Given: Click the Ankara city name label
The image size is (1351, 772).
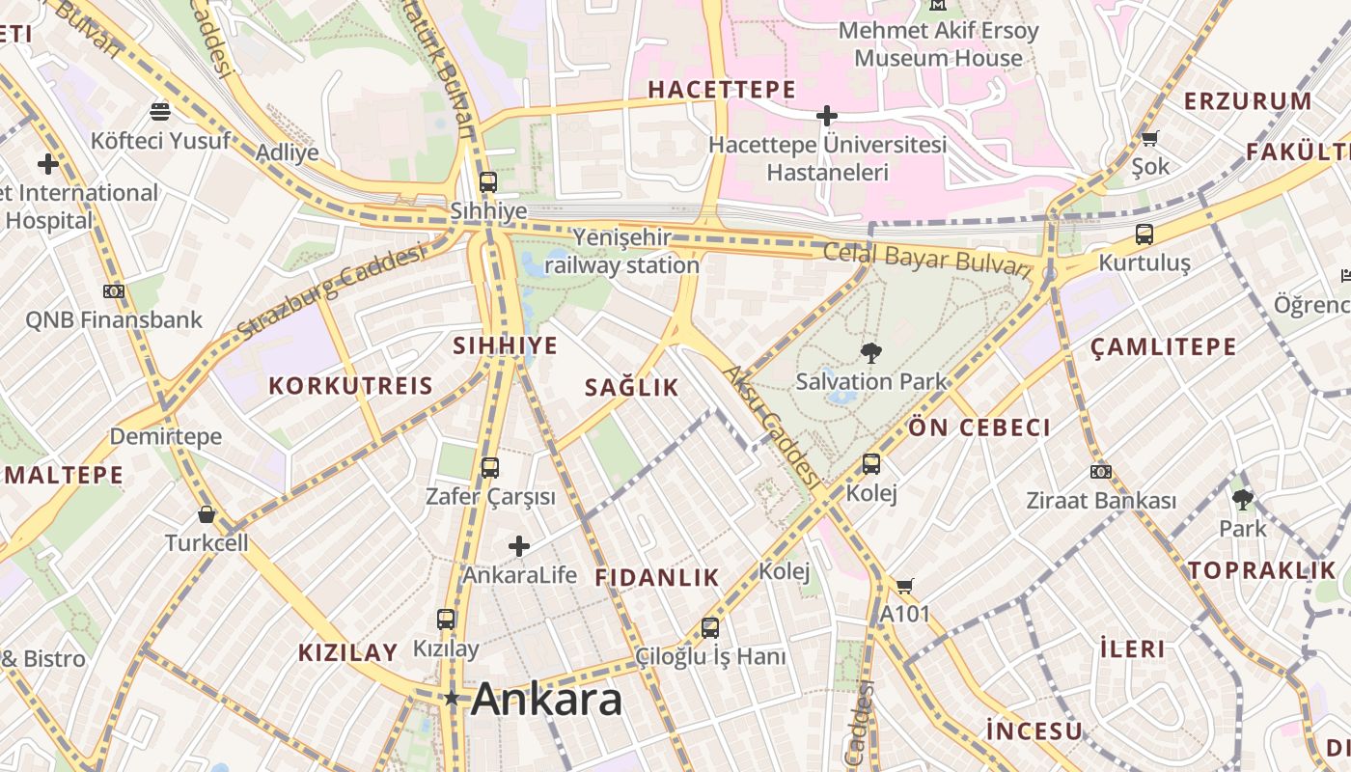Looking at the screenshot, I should click(546, 699).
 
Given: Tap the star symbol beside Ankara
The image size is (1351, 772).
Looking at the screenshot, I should click(452, 698).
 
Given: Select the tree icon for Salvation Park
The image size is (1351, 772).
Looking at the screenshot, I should click(871, 353).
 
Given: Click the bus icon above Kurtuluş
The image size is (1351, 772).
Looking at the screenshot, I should click(1144, 234).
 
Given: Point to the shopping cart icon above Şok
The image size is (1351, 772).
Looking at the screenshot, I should click(1149, 138).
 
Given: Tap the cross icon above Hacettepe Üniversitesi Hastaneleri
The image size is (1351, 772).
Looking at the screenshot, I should click(827, 116).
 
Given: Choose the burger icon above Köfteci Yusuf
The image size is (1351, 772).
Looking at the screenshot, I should click(160, 112).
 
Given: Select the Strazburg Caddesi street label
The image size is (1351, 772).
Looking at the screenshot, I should click(331, 292).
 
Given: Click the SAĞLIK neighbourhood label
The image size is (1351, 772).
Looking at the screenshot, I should click(632, 388).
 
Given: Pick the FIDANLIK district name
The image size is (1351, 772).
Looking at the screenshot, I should click(657, 578).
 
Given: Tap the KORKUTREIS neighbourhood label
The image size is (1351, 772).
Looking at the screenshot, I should click(350, 386).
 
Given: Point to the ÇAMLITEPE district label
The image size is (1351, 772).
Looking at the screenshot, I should click(1163, 347).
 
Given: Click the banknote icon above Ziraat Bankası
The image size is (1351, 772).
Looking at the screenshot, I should click(1100, 472).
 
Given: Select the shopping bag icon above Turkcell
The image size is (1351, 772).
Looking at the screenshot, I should click(206, 514).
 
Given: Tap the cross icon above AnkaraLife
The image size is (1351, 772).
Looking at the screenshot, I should click(519, 546).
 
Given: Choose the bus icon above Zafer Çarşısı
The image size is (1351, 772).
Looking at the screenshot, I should click(490, 468).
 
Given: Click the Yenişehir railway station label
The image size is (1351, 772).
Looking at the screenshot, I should click(622, 251).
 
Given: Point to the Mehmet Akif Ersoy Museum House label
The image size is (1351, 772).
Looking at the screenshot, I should click(938, 44).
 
